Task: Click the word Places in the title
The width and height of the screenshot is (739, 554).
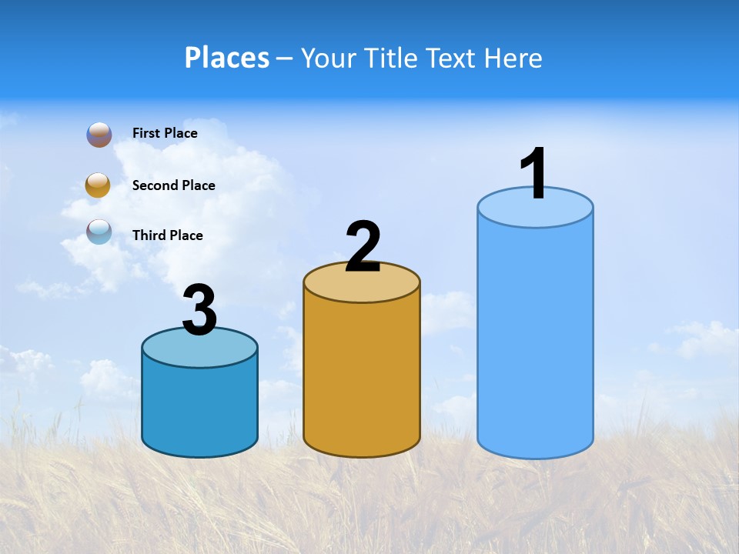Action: tap(227, 58)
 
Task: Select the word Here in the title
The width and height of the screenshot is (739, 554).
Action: tap(512, 58)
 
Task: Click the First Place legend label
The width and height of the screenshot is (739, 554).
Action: tap(165, 133)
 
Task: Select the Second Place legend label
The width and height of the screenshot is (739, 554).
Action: tap(173, 185)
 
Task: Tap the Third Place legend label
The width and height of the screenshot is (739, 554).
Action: tap(167, 235)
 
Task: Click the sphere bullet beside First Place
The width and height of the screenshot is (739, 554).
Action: tap(99, 135)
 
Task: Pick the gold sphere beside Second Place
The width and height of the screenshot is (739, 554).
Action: tap(99, 185)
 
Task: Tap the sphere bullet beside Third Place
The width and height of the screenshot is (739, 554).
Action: tap(99, 232)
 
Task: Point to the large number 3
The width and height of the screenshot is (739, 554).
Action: tap(200, 310)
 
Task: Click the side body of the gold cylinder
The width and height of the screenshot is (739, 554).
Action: tap(362, 377)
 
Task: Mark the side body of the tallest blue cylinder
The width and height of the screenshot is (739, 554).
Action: tap(535, 339)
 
